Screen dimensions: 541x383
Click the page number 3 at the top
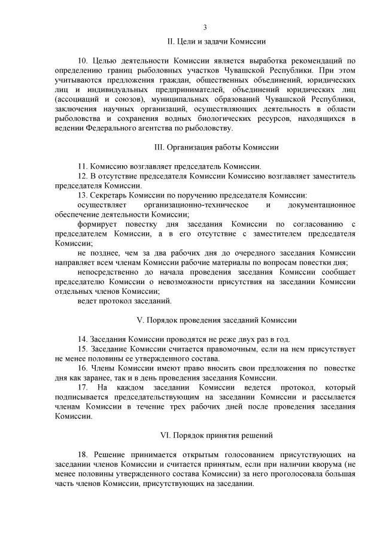(205, 27)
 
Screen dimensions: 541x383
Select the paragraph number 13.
(83, 194)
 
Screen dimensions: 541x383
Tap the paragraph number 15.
(83, 348)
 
